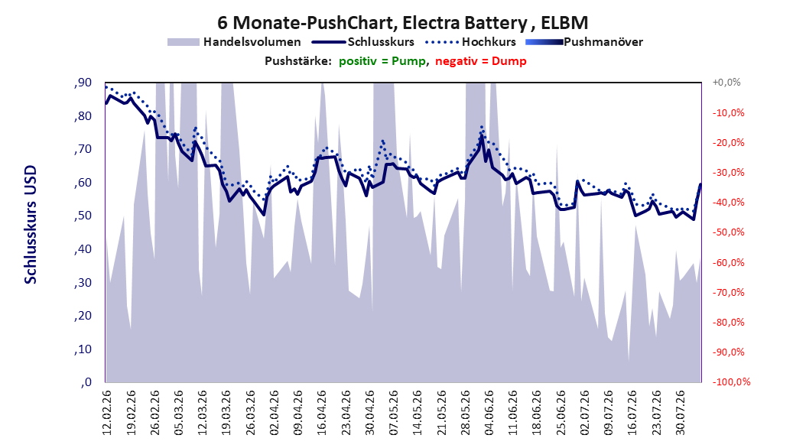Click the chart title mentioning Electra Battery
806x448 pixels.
[402, 23]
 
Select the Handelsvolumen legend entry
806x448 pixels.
[234, 42]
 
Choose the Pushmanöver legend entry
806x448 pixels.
[584, 42]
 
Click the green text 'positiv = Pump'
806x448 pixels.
[382, 61]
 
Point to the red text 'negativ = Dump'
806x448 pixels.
[481, 61]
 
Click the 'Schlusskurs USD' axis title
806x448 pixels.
[31, 225]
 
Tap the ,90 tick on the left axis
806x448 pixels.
[83, 83]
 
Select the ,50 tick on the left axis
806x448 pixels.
[83, 216]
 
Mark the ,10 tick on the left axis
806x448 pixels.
[83, 349]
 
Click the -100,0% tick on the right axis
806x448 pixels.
[731, 381]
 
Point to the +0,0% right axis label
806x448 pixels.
[726, 83]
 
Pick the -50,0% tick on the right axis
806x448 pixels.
[728, 232]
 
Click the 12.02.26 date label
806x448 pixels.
[107, 413]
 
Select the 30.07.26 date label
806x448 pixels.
[680, 413]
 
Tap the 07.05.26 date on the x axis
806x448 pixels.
[394, 413]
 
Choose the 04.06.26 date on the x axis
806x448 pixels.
[489, 413]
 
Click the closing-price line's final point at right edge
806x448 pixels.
[700, 184]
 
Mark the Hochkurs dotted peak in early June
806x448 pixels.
[482, 126]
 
